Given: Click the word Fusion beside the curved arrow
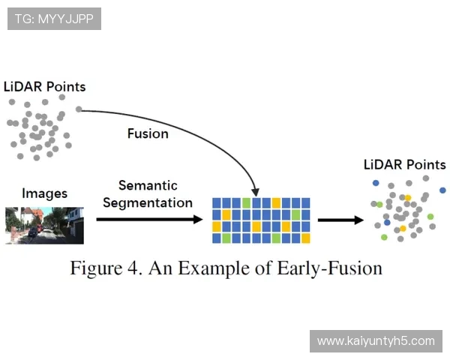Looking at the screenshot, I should (148, 133).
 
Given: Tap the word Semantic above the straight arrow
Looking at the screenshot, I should (147, 185).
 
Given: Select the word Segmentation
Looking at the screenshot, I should (147, 202).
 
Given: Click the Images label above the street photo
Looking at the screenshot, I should (44, 193).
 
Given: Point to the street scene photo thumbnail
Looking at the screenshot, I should (44, 225).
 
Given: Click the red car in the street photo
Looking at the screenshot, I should (32, 232).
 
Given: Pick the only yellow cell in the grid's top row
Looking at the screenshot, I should (276, 203).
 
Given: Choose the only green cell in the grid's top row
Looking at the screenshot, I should (246, 203).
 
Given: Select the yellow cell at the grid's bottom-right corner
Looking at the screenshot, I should (305, 238).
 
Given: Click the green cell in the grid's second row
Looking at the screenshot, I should (295, 215).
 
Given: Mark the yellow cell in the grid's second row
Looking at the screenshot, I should (226, 215).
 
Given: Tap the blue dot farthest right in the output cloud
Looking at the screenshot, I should (442, 190).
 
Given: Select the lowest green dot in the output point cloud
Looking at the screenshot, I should (384, 237).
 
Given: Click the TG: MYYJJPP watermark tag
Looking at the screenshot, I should (54, 19).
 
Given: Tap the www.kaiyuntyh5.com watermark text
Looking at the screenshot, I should (376, 341).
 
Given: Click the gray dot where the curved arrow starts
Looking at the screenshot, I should (79, 109).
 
